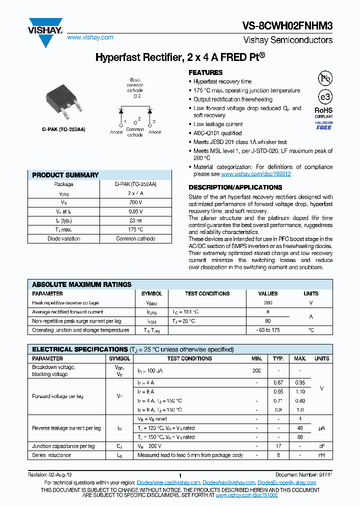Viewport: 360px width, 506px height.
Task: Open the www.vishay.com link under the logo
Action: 90,37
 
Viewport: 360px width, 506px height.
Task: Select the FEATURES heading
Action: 205,72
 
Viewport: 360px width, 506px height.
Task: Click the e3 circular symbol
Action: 324,97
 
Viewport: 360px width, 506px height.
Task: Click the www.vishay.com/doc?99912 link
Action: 255,174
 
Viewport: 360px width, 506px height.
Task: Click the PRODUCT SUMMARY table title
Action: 65,175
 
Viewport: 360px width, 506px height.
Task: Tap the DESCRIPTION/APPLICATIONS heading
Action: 235,187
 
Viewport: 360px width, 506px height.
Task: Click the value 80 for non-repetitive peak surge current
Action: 268,321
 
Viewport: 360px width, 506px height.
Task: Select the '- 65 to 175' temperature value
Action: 268,330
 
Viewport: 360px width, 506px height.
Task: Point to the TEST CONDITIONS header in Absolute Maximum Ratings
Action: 207,294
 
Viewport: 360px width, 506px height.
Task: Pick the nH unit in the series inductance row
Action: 321,455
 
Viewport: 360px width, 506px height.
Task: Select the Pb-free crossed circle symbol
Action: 324,78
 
